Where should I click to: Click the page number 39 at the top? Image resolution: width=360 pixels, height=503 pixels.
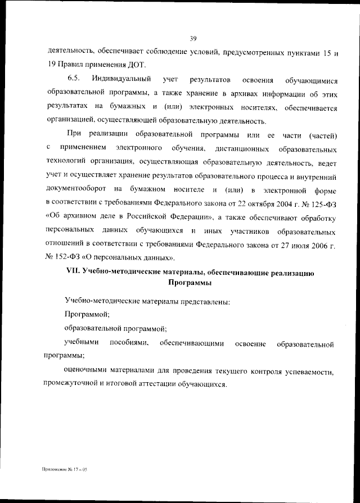coord(192,38)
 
